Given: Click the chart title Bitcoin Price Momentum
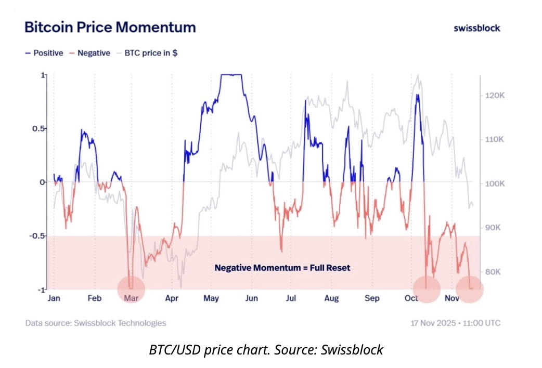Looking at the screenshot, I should [110, 27].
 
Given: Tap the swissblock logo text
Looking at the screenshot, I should [476, 28].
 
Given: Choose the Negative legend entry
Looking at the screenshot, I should [90, 53].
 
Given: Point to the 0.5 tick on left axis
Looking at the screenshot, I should [35, 129].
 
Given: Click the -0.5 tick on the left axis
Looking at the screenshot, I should [34, 236].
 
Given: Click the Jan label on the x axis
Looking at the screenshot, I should [54, 298].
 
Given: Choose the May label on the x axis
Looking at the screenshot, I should [211, 298].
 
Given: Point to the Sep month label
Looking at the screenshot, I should [371, 298].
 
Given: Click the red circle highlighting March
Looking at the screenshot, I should [131, 289].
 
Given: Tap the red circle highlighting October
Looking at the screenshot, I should [427, 289].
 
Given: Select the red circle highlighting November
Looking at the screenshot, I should [470, 289].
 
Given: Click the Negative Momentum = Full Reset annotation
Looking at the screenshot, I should [282, 268].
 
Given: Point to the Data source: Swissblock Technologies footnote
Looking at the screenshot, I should [96, 323].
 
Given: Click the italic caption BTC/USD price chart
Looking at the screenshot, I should [266, 350].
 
